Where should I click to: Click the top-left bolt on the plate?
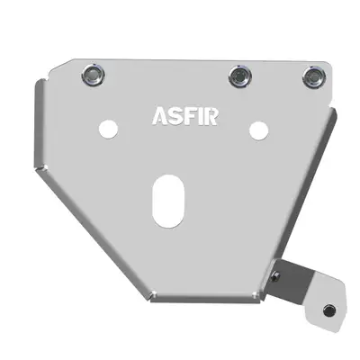[92, 75]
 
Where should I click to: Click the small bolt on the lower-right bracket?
[329, 310]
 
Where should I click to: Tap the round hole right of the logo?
[258, 129]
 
